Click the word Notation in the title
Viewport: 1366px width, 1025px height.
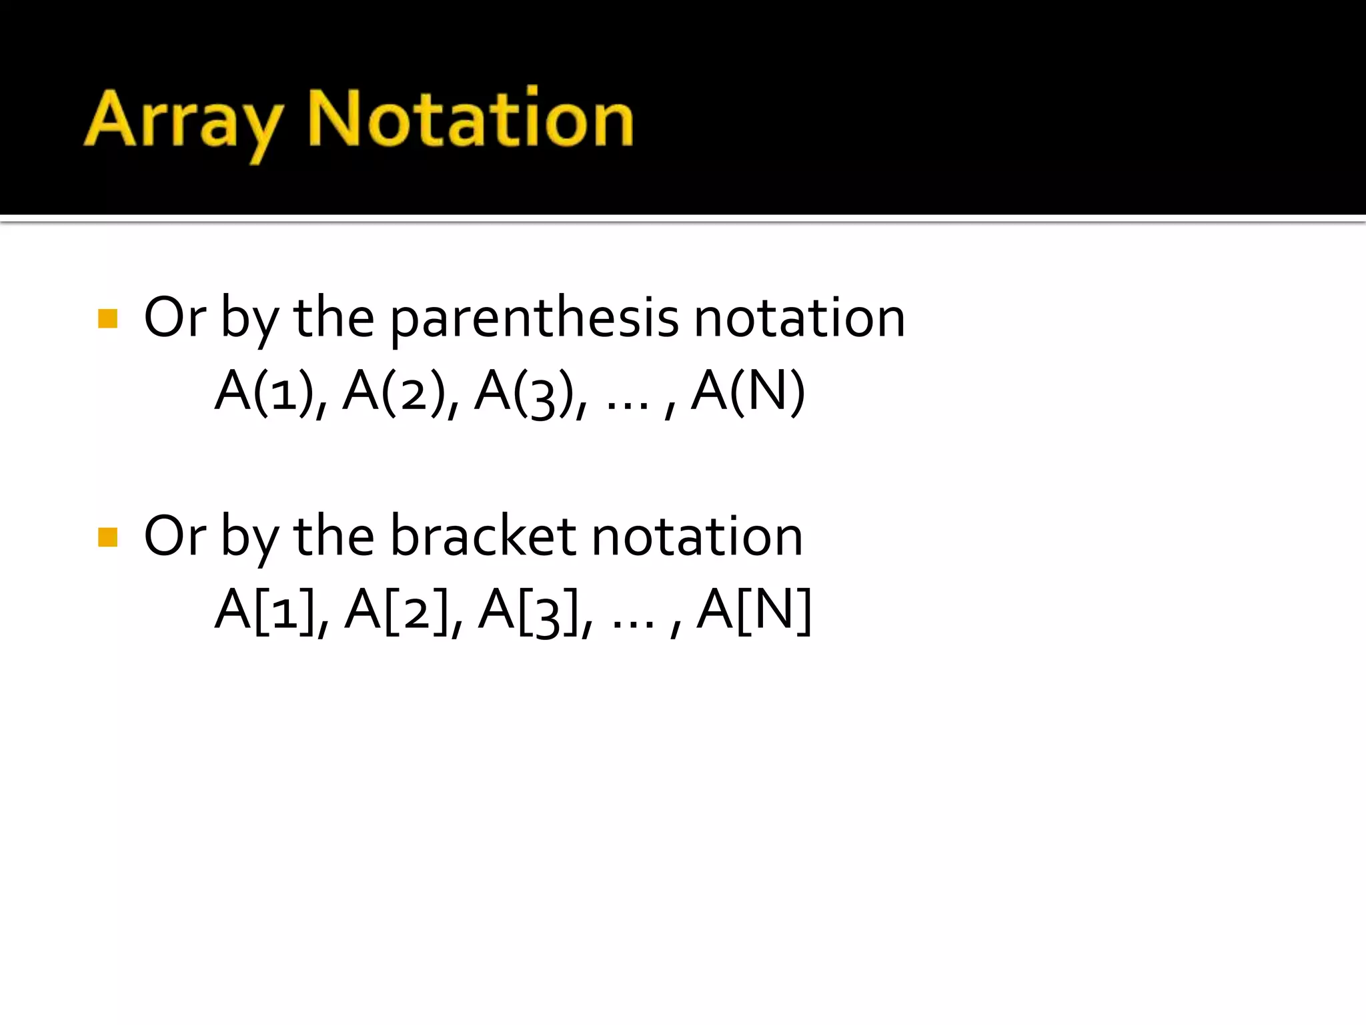[x=470, y=119]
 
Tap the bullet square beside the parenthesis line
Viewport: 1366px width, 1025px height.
[x=107, y=318]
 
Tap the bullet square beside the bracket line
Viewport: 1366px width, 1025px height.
[x=107, y=537]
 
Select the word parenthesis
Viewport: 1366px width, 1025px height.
[x=534, y=318]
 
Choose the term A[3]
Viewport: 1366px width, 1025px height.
[x=529, y=610]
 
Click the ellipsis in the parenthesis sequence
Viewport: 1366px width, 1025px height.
[x=628, y=404]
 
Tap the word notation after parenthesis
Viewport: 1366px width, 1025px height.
[x=800, y=318]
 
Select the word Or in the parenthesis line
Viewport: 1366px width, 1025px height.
[x=175, y=318]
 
